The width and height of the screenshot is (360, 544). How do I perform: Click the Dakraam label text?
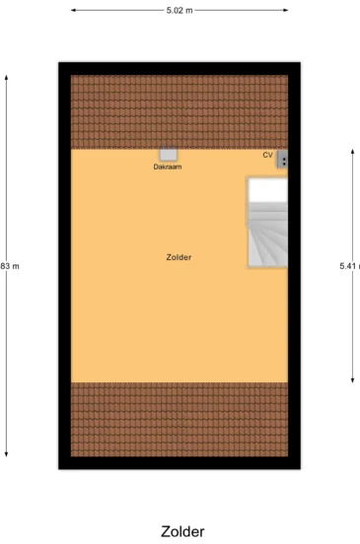(x=168, y=167)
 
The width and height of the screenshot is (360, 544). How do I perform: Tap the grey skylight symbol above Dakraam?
(x=169, y=155)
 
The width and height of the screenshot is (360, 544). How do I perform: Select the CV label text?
(x=267, y=155)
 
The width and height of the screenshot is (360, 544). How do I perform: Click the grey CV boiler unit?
(x=283, y=160)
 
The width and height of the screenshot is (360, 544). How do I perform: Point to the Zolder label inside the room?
(x=179, y=257)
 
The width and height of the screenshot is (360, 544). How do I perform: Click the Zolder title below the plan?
(x=182, y=531)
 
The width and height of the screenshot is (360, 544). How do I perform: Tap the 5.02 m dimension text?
(x=180, y=10)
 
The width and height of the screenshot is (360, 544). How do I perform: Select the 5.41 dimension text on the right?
(x=348, y=266)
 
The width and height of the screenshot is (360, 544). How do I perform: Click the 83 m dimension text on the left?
(x=10, y=266)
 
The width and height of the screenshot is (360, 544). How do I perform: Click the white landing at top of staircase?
(x=267, y=189)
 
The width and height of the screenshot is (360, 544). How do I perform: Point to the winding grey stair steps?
(x=266, y=237)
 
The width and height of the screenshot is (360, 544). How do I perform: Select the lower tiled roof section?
(x=179, y=421)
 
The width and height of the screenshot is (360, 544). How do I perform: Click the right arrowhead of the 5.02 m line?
(x=287, y=10)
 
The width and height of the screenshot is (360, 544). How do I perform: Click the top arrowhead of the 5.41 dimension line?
(x=352, y=151)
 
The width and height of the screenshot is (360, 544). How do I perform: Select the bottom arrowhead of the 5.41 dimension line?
(x=352, y=379)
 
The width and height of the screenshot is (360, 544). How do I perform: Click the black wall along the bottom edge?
(x=179, y=463)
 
